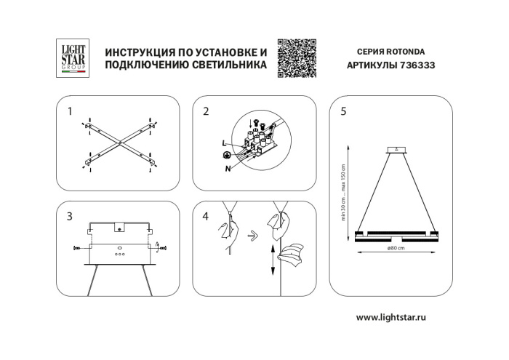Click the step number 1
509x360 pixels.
point(70,112)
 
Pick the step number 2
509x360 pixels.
point(207,112)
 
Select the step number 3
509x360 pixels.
point(70,217)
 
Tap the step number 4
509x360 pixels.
point(207,217)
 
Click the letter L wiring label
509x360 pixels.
point(225,144)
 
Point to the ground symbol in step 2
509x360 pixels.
point(226,156)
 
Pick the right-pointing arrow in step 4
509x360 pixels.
point(251,235)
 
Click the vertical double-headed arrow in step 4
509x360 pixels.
point(272,260)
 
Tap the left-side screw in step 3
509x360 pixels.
point(78,249)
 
